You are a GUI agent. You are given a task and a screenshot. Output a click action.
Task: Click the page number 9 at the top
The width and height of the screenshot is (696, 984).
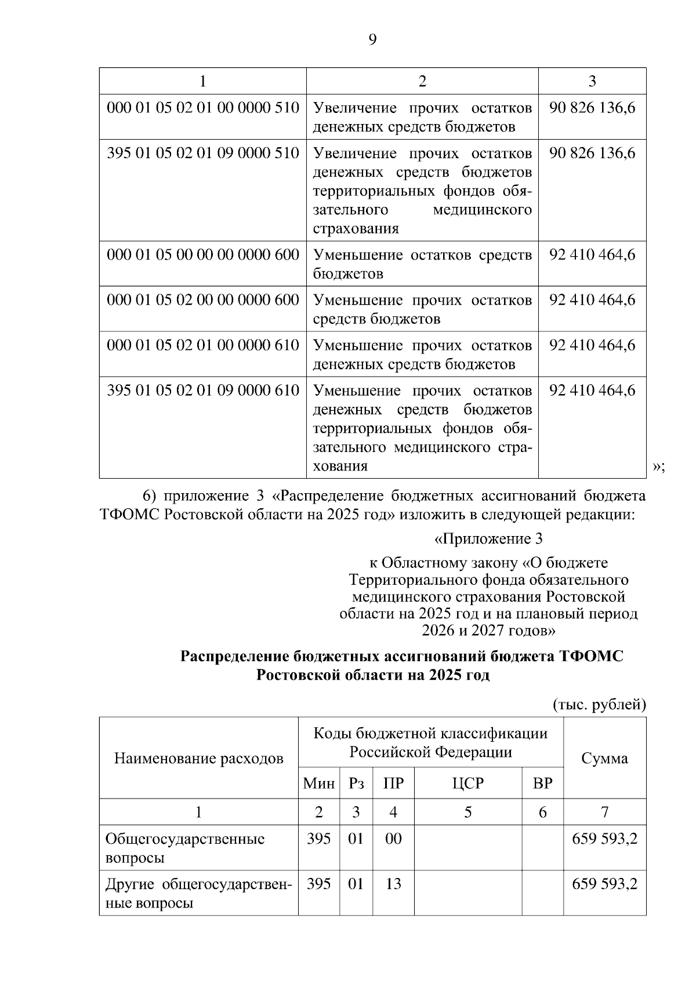point(372,39)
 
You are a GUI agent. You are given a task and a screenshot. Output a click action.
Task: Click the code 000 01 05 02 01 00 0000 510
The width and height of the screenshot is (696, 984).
point(203,108)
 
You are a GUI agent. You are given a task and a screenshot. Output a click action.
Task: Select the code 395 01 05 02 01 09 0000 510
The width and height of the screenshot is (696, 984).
point(203,153)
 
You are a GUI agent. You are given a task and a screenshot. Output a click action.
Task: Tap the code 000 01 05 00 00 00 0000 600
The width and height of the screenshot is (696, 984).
point(203,255)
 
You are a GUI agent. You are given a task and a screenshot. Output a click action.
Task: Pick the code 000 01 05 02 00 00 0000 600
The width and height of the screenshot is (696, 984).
point(203,300)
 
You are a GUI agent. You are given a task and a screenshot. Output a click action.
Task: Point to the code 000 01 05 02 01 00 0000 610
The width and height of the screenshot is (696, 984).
point(203,345)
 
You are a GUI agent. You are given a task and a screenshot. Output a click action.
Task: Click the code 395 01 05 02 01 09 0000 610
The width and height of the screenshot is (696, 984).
point(203,391)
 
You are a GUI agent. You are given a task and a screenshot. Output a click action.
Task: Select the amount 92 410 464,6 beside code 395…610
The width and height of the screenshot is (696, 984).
point(592,391)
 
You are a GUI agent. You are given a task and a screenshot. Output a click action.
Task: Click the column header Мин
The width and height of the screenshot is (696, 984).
point(318,784)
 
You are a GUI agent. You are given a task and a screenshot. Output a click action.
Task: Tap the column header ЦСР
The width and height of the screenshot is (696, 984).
point(467,784)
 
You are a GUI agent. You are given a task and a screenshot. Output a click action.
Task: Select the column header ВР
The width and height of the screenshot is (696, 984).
point(542,784)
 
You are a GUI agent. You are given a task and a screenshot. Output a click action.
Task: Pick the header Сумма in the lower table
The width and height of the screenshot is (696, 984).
point(604,759)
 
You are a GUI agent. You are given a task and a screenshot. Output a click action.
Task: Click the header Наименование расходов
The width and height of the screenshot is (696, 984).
point(198,759)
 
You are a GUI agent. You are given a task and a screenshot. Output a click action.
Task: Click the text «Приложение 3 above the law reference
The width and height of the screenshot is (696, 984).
point(488,539)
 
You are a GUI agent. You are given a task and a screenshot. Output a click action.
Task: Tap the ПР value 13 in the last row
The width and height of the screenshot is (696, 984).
point(393,884)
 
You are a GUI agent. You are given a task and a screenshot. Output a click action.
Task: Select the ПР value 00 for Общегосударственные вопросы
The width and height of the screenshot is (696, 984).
point(393,839)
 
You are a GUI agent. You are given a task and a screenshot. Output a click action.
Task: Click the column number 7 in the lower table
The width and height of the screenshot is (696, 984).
point(604,812)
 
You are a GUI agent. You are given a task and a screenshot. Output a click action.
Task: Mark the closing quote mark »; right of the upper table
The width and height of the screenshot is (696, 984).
point(658,467)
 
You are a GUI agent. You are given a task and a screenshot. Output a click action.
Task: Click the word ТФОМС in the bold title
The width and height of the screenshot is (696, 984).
point(591,657)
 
